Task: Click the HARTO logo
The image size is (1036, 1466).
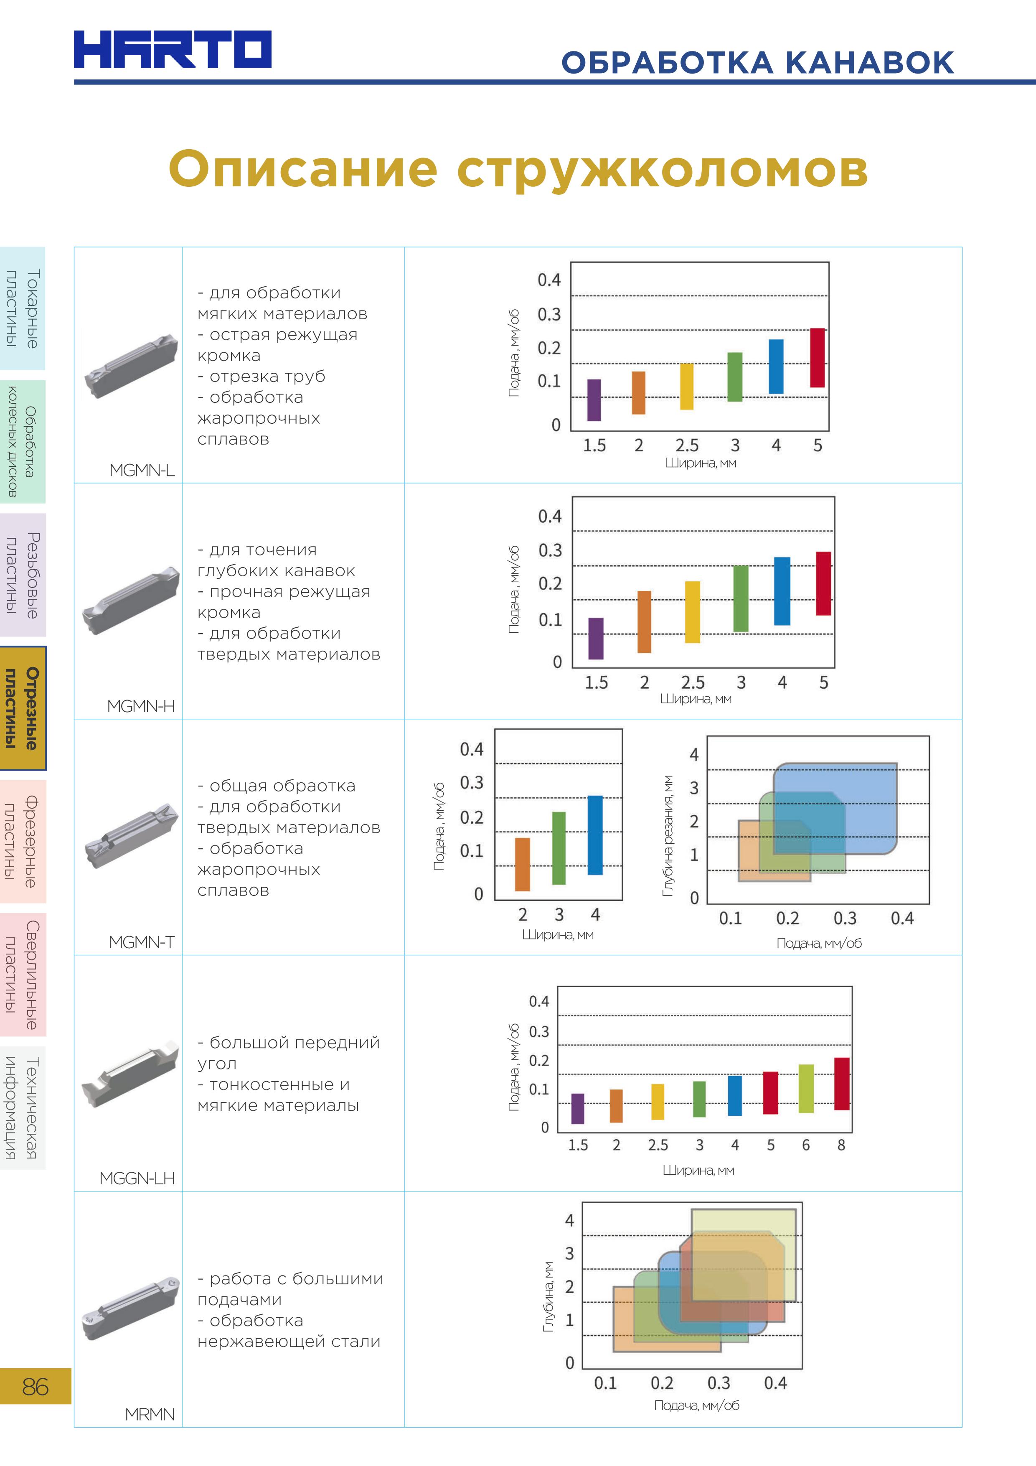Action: click(173, 49)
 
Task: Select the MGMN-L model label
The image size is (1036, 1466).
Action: click(142, 470)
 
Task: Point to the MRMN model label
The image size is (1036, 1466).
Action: click(150, 1414)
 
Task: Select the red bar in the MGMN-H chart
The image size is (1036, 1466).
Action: click(823, 583)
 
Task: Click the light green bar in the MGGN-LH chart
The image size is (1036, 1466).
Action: click(806, 1088)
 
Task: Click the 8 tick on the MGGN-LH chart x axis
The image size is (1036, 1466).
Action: click(841, 1145)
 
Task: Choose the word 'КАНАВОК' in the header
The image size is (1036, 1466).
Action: click(869, 63)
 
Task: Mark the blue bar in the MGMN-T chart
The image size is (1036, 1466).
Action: click(595, 835)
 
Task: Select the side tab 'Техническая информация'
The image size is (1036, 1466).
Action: click(23, 1108)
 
